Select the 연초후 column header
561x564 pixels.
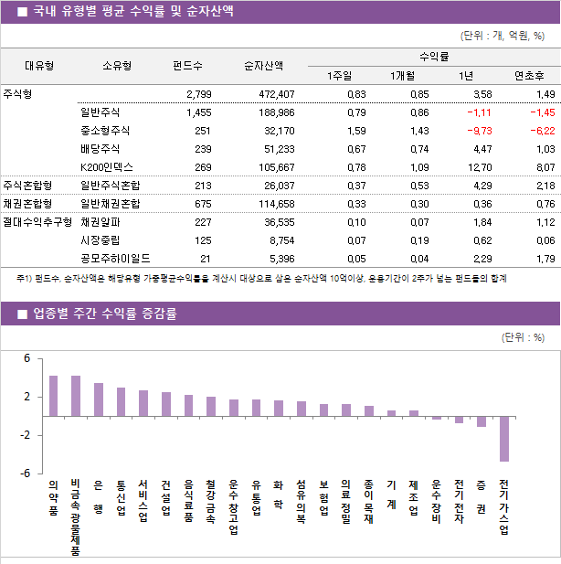click(530, 76)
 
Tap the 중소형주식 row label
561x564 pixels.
click(105, 131)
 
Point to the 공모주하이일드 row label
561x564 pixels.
click(116, 258)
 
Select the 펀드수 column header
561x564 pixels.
click(187, 66)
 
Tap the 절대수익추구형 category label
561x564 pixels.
click(37, 221)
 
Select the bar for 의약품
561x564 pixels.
click(53, 396)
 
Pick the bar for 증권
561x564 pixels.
click(482, 421)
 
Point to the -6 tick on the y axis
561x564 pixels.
click(27, 474)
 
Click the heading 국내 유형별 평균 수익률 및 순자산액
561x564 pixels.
click(132, 12)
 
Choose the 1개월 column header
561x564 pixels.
click(402, 76)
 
